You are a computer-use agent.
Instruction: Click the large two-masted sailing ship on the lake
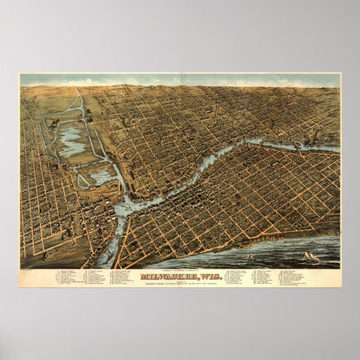coord(311,257)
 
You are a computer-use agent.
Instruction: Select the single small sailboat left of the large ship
coord(250,256)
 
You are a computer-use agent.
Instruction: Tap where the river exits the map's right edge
coord(338,150)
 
